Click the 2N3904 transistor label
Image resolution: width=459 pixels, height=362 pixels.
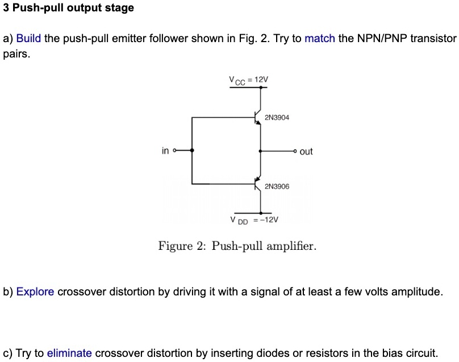277,118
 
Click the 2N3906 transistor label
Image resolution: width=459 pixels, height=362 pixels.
277,186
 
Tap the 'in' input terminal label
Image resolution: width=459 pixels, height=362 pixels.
165,151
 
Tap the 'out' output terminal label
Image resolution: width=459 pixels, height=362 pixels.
306,151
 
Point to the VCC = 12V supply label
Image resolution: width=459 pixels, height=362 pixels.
248,80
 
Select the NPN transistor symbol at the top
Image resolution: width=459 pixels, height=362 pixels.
257,118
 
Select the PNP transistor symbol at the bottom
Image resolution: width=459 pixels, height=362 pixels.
257,183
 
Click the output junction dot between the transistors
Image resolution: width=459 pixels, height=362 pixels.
260,151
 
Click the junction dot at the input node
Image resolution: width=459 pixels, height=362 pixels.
192,151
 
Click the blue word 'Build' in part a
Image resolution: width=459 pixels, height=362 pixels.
29,39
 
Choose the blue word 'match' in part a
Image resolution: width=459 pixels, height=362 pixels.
320,39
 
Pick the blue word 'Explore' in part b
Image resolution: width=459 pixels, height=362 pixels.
35,292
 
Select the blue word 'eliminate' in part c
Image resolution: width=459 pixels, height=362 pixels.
69,353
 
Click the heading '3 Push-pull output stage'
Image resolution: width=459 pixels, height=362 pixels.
69,8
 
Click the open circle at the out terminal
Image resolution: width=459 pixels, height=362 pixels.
295,151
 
